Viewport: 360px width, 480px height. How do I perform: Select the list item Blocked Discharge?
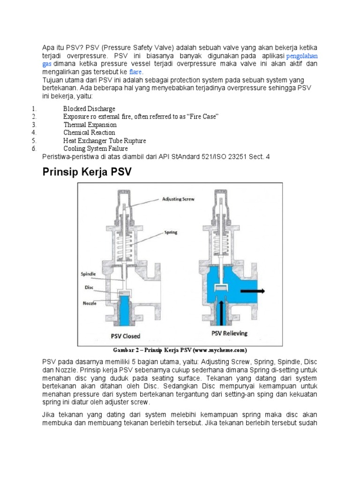point(89,109)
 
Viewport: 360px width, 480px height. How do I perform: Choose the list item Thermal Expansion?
point(90,125)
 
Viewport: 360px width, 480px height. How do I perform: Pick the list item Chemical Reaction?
point(89,133)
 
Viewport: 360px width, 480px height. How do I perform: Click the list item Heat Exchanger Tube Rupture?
point(105,141)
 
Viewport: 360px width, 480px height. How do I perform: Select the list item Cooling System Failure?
point(96,149)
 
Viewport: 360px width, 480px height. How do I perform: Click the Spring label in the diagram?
point(170,232)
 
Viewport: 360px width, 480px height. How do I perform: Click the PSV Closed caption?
point(125,336)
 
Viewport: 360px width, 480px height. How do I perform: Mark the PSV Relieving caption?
point(229,333)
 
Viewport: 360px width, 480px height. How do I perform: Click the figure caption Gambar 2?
point(180,350)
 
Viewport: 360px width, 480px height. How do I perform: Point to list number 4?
point(34,133)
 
